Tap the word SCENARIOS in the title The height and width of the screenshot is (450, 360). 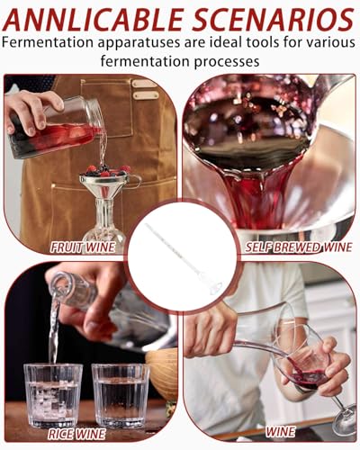[269, 18]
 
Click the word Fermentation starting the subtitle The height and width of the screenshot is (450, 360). [53, 42]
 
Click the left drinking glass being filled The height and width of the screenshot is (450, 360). [53, 393]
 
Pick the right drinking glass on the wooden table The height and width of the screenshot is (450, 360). [120, 393]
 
